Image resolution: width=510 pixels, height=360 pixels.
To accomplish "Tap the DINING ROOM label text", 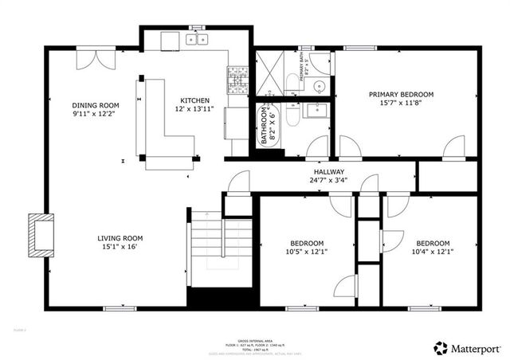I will (x=95, y=105).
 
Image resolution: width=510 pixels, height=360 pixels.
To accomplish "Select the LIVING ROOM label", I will (x=120, y=238).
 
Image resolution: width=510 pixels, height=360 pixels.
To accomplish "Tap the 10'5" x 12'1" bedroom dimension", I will (x=306, y=252).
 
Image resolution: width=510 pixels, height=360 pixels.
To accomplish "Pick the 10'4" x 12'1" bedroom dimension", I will (x=433, y=252).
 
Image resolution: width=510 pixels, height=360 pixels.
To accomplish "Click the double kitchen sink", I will (x=196, y=38).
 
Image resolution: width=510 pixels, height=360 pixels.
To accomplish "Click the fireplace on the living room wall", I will (x=40, y=237).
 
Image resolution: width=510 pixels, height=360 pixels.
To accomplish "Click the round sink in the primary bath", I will (x=319, y=86).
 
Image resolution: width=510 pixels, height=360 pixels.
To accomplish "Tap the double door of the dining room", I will (x=102, y=61).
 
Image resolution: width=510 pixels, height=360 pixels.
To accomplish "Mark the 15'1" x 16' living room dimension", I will (x=120, y=247).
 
